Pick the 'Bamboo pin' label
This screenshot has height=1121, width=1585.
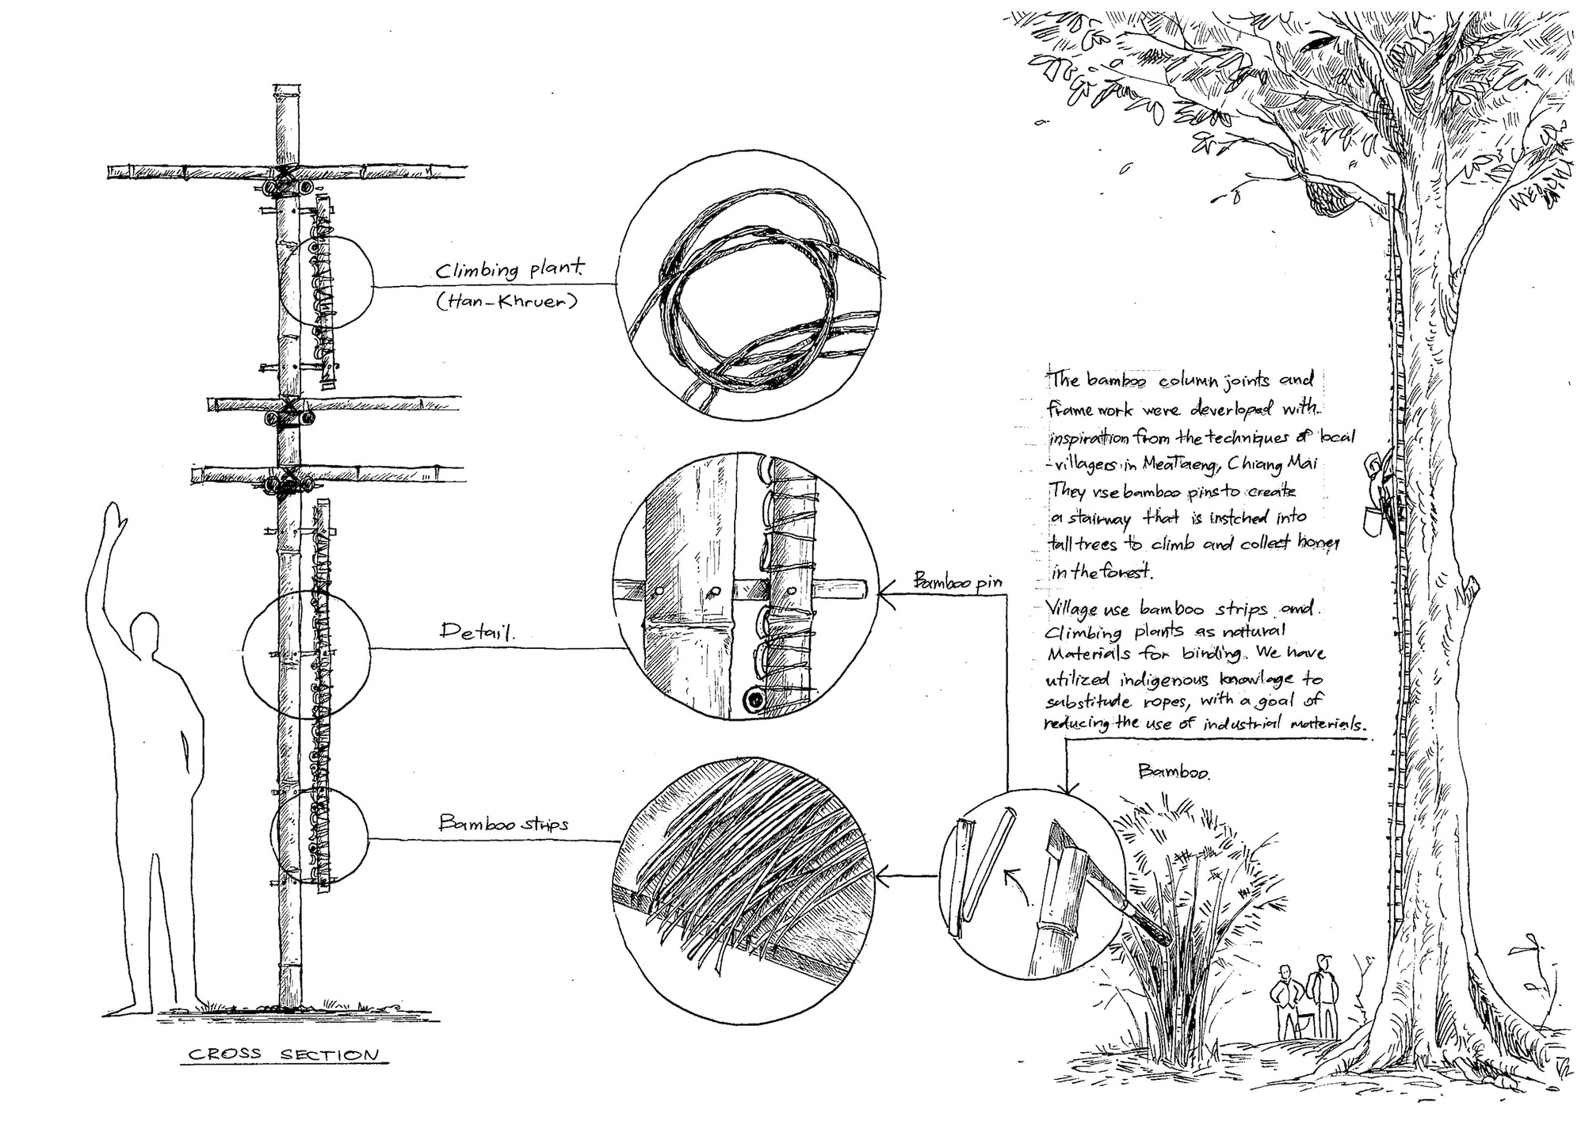coord(957,581)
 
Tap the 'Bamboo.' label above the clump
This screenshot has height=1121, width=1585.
coord(1174,772)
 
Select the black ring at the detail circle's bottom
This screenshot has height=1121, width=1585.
coord(754,700)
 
